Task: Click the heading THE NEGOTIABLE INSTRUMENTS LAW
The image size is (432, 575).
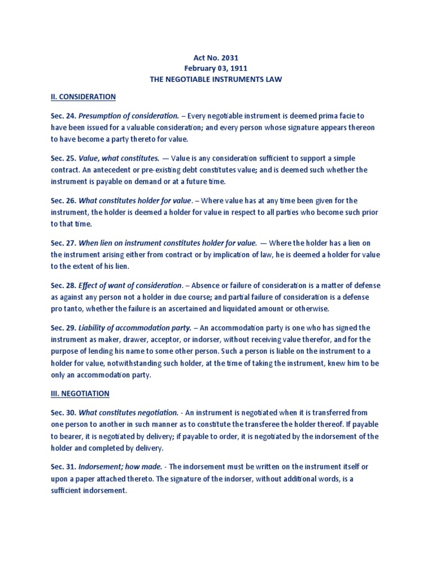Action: pyautogui.click(x=215, y=80)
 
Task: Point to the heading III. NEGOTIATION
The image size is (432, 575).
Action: pyautogui.click(x=76, y=394)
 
